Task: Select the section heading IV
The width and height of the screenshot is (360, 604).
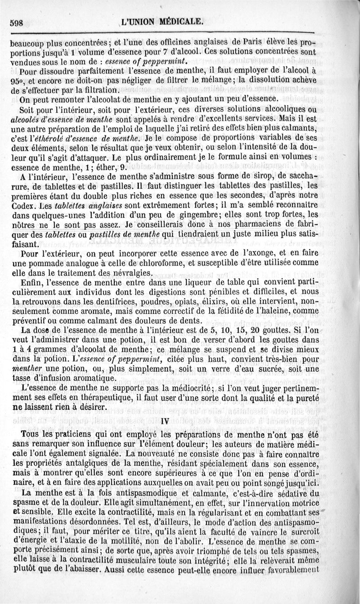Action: tap(165, 422)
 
